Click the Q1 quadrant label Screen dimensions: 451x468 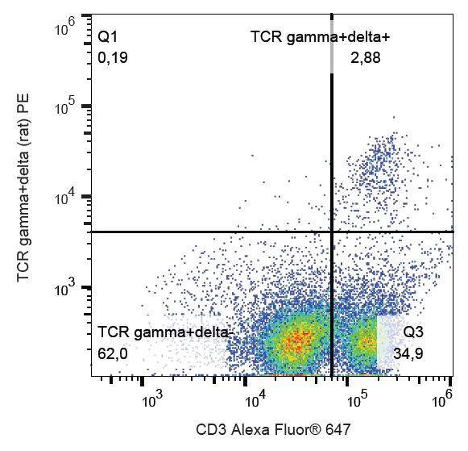[108, 37]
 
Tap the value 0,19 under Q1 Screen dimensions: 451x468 [112, 57]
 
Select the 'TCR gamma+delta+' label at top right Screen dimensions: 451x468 [321, 37]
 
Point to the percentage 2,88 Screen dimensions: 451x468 [365, 57]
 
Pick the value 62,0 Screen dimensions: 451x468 [113, 353]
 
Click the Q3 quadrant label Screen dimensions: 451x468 [413, 332]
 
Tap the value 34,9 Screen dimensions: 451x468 [408, 353]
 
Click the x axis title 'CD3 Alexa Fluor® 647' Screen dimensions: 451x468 [273, 429]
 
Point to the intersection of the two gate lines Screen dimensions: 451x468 [332, 232]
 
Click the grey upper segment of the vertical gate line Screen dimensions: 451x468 [332, 44]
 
